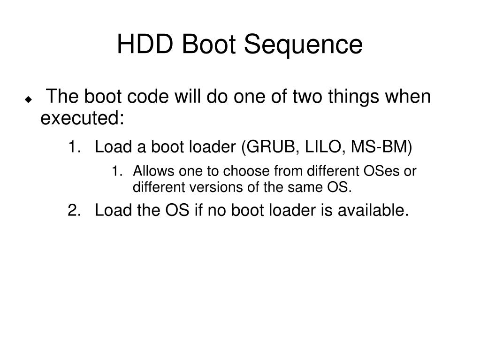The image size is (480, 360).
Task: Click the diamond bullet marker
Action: coord(29,100)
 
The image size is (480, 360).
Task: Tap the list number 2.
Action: coord(73,211)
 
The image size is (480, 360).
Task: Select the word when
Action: coord(411,97)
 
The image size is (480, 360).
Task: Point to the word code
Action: coord(149,97)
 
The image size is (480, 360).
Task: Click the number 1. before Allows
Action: coord(117,171)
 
